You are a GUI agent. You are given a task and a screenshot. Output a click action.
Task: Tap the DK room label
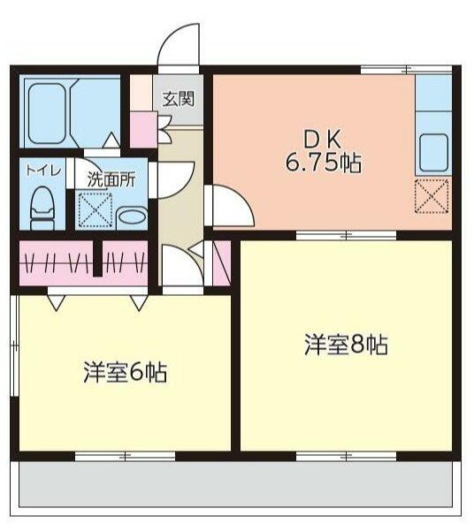click(322, 140)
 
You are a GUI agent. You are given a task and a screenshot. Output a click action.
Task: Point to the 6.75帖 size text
click(322, 163)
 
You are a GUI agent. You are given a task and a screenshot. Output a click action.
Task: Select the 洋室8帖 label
click(346, 345)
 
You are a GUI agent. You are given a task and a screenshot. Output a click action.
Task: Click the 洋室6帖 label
click(126, 372)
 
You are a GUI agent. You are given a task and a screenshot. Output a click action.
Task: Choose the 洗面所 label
click(111, 178)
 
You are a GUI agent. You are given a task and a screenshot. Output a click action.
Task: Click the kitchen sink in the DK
click(433, 152)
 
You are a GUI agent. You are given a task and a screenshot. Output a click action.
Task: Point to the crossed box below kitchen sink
click(432, 195)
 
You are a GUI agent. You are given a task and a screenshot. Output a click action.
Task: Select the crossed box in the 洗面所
click(93, 209)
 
